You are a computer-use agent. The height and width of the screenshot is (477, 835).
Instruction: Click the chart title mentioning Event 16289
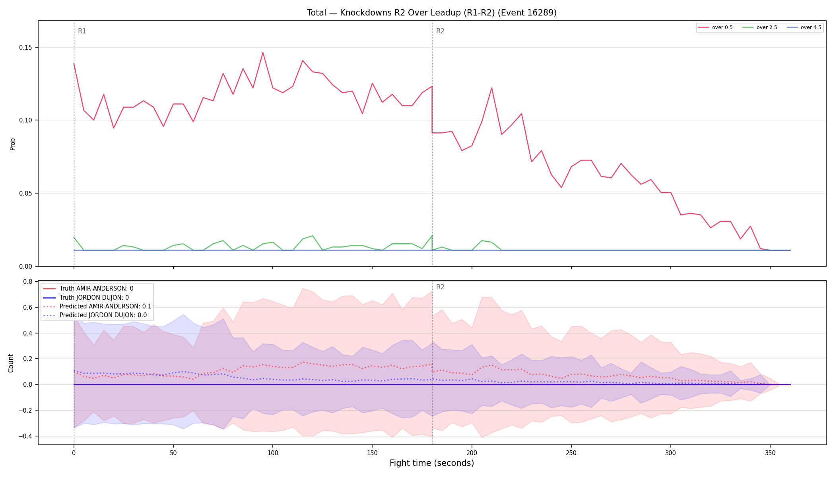pyautogui.click(x=431, y=13)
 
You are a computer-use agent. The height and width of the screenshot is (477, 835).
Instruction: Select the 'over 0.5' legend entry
pyautogui.click(x=715, y=27)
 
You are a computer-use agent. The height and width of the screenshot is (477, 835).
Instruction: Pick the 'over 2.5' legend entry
pyautogui.click(x=760, y=27)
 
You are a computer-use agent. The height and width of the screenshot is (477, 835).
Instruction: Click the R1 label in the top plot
pyautogui.click(x=82, y=31)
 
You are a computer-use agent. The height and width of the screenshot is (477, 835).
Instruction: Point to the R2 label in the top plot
pyautogui.click(x=440, y=31)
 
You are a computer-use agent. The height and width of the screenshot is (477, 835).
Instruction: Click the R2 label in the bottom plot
pyautogui.click(x=440, y=287)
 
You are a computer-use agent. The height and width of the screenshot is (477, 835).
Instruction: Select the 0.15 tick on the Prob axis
pyautogui.click(x=25, y=47)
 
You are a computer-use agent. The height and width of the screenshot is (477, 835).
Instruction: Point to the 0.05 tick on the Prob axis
pyautogui.click(x=25, y=193)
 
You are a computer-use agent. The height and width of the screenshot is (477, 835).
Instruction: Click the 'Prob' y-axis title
pyautogui.click(x=12, y=144)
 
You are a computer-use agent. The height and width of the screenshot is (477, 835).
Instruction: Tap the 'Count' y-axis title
pyautogui.click(x=11, y=363)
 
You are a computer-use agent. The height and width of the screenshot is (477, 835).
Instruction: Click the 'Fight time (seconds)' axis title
pyautogui.click(x=432, y=463)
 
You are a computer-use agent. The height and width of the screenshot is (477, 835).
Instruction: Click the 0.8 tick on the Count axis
pyautogui.click(x=28, y=282)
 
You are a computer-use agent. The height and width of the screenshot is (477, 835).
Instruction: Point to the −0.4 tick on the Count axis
pyautogui.click(x=25, y=436)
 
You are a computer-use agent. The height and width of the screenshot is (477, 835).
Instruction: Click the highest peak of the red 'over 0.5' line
pyautogui.click(x=263, y=52)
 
